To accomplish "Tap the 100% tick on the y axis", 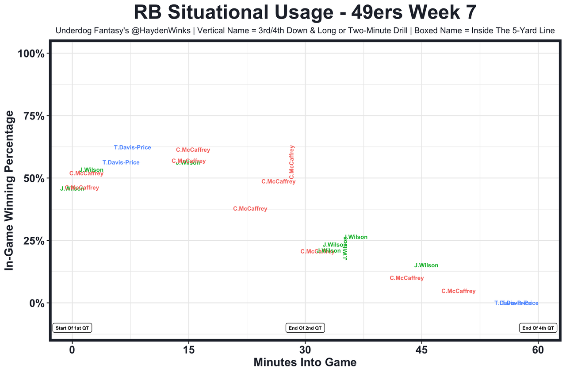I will coord(31,54).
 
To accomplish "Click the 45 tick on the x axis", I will coord(422,350).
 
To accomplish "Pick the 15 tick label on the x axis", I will coord(189,350).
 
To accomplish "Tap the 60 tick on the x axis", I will coord(538,350).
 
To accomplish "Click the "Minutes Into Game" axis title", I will coord(305,362).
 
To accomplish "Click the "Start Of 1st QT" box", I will coord(72,328).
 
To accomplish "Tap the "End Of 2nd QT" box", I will coord(305,328).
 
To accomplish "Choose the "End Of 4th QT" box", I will coord(538,328).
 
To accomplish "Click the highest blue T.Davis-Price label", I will coord(132,147).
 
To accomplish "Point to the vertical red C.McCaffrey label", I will coord(291,162).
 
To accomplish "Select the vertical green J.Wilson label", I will coord(345,248).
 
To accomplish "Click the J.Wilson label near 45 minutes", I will coord(426,265).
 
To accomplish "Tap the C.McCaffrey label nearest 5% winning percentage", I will coord(459,291).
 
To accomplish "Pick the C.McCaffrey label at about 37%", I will coord(250,209).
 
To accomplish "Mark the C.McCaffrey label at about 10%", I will coord(407,278).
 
